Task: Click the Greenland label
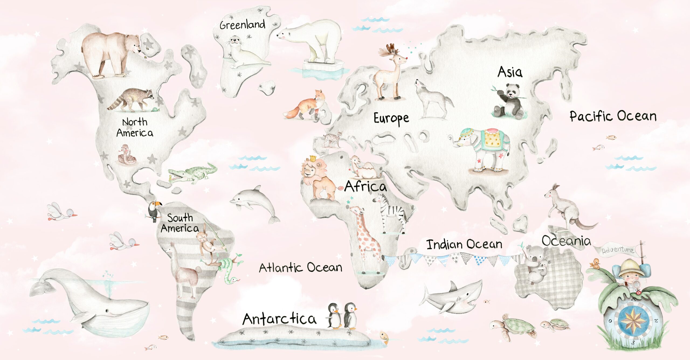tap(242, 25)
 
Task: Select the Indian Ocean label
tap(464, 244)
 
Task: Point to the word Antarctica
tap(279, 319)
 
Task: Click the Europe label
tap(391, 119)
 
